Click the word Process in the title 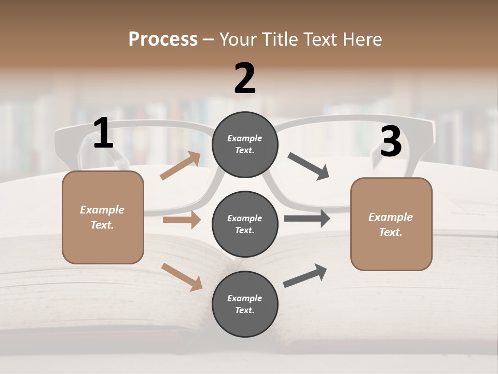point(163,39)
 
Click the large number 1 point(103,133)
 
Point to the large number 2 point(245,78)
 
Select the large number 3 point(391,142)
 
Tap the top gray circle point(245,144)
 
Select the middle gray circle point(245,224)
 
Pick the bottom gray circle point(245,304)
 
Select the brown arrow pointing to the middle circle point(182,220)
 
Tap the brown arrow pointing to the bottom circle point(182,276)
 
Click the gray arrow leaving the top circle point(308,166)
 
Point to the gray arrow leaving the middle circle point(307,218)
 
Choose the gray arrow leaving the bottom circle point(305,276)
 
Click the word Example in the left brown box point(102,210)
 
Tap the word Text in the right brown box point(390,232)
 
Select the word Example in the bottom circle point(245,298)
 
